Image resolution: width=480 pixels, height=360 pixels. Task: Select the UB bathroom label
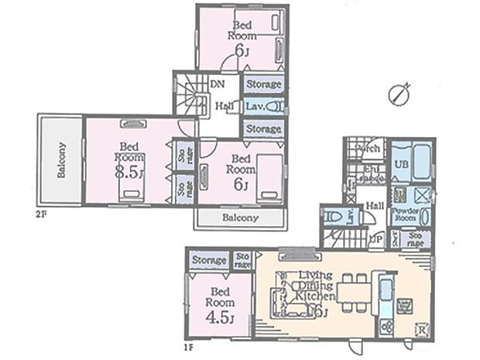(403, 164)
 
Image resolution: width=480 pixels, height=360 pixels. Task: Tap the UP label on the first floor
(374, 238)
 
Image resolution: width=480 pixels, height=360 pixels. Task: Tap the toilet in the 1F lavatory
(332, 218)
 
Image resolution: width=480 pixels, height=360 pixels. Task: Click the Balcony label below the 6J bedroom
(240, 219)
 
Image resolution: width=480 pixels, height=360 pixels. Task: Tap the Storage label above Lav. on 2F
(263, 83)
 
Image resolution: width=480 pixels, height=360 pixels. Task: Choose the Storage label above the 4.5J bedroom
(209, 260)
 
